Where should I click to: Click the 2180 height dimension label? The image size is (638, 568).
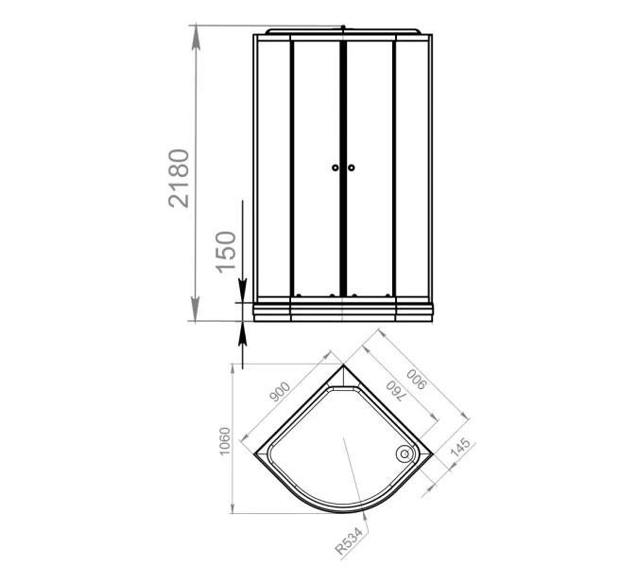[x=179, y=179]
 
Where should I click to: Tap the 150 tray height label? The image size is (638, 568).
[x=225, y=252]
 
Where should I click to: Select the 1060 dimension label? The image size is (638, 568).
[x=225, y=441]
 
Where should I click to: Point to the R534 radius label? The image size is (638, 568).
[x=349, y=541]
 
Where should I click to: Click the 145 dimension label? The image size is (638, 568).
[x=460, y=447]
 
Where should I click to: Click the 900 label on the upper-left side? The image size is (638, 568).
[x=280, y=392]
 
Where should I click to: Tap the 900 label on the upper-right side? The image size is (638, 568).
[x=417, y=380]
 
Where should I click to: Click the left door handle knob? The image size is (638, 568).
[x=335, y=168]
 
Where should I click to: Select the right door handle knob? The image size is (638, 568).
[x=352, y=168]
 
